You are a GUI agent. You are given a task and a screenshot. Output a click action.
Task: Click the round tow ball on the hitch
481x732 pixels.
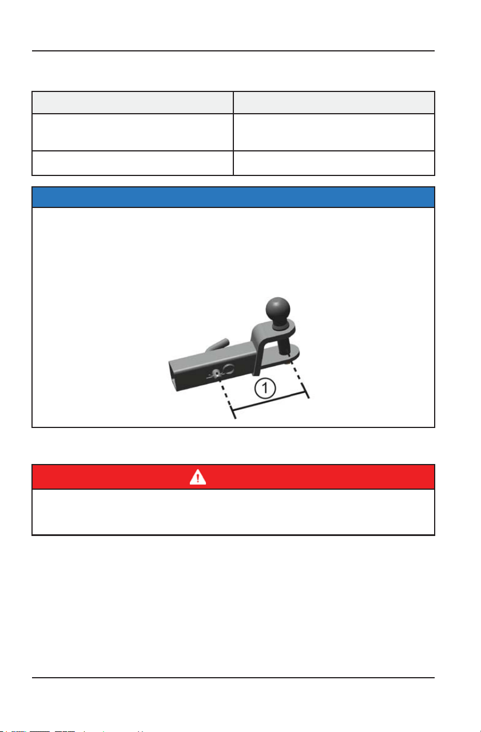[277, 309]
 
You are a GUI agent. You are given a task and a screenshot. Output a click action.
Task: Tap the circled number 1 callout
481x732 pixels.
[265, 388]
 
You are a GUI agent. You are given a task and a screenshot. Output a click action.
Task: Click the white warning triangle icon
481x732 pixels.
[197, 477]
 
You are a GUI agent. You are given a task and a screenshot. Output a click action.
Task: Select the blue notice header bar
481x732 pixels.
[233, 197]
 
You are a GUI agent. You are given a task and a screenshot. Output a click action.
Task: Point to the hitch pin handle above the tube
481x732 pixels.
[217, 345]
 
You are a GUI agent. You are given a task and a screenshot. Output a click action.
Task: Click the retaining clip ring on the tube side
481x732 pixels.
[229, 369]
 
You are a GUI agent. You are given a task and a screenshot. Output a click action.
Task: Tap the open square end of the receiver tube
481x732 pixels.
[173, 377]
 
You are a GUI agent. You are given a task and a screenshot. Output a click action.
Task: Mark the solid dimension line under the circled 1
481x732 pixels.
[268, 401]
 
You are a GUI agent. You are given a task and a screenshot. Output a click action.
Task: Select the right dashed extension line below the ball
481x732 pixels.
[299, 378]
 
